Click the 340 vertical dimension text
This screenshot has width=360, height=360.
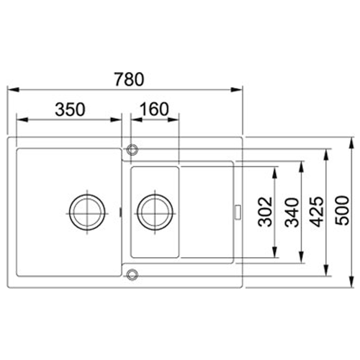point(291,213)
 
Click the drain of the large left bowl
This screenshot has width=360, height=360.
point(86,212)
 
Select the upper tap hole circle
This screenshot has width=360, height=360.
point(131,150)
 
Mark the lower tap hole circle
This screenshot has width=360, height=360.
point(131,274)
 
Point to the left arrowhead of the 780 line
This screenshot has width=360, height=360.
point(10,90)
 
